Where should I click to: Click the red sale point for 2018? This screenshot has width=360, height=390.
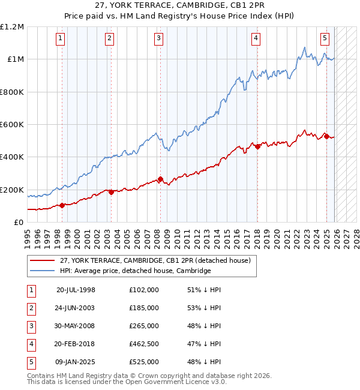point(257,146)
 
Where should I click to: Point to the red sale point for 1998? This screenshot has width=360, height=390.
point(62,205)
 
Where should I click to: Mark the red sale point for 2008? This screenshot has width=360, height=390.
point(161,179)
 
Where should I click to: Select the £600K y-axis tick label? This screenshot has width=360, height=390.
point(13,125)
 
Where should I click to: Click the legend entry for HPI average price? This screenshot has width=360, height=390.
point(135,271)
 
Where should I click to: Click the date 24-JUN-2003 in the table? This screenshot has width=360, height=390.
point(76,308)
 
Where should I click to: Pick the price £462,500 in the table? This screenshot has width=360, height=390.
point(144,344)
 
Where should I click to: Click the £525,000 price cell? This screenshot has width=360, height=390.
point(144,362)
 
